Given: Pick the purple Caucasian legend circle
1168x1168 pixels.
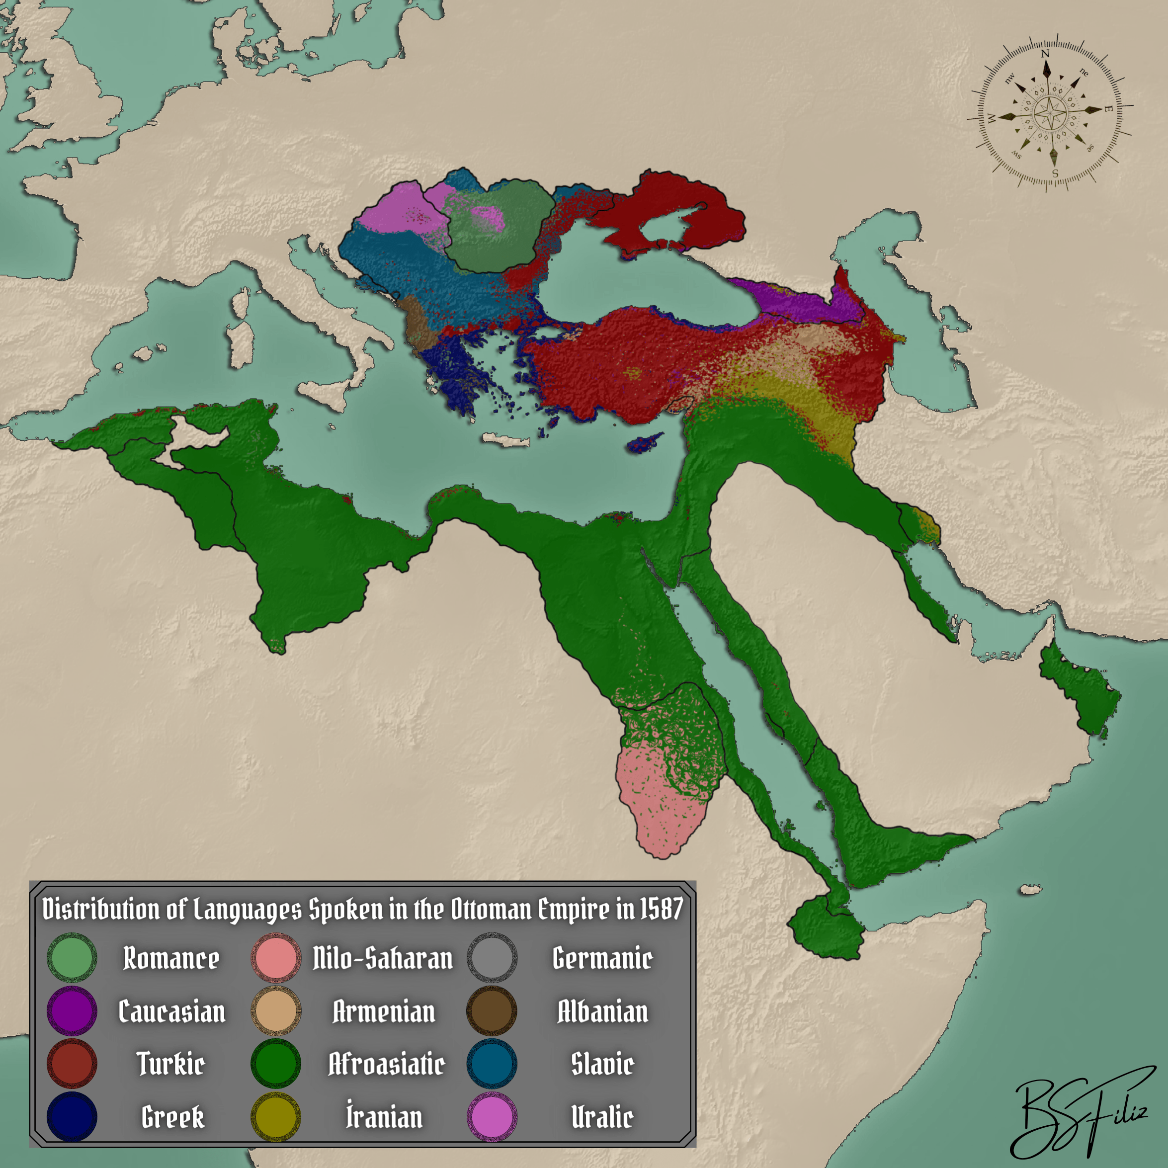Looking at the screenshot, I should point(72,1010).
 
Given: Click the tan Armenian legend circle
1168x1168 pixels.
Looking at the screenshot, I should point(276,1010).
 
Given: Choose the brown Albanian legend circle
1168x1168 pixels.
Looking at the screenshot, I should point(492,1010).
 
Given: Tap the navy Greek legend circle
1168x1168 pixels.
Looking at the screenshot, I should point(72,1117).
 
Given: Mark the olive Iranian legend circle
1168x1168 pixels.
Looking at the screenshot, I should point(276,1117).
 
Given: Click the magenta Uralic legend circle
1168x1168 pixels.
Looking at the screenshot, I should point(492,1117).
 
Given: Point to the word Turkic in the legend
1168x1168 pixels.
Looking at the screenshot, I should point(171,1064).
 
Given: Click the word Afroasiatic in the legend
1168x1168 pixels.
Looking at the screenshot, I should point(386,1064).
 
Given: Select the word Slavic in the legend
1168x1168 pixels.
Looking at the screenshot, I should point(602,1064).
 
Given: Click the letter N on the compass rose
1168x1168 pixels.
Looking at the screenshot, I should point(1045,54).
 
